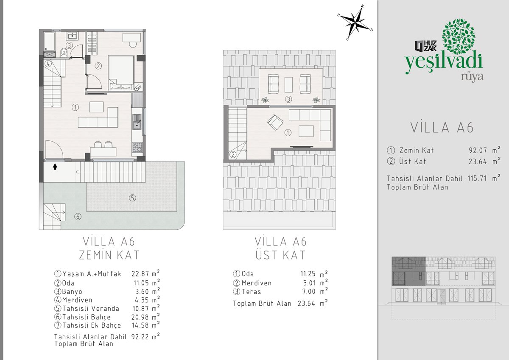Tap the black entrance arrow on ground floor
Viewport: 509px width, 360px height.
point(55,167)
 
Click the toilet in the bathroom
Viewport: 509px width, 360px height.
point(64,53)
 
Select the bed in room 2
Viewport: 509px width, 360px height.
point(121,73)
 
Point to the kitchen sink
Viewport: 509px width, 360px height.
point(137,122)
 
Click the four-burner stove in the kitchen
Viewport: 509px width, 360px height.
point(137,147)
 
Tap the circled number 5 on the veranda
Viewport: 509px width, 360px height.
point(132,198)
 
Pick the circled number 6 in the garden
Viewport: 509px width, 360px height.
point(78,217)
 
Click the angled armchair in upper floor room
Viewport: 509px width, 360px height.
point(275,122)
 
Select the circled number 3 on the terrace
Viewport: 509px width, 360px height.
point(288,99)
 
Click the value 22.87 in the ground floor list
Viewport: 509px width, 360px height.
point(140,273)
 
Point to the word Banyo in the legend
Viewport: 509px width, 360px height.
point(72,291)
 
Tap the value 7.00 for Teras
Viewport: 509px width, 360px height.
point(309,291)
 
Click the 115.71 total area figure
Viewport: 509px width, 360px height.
point(477,178)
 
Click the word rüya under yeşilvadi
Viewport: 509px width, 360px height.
point(472,77)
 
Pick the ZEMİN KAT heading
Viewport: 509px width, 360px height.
point(109,255)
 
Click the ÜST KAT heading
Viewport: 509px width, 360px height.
point(280,255)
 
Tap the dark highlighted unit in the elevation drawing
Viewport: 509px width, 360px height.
point(408,271)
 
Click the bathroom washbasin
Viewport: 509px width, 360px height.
point(73,36)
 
